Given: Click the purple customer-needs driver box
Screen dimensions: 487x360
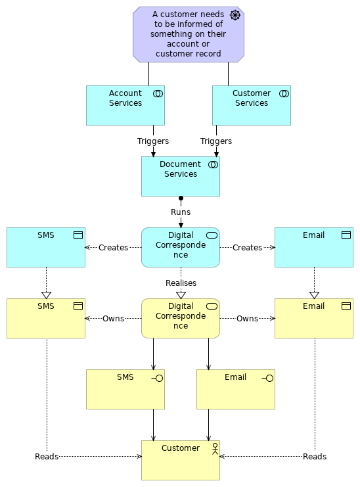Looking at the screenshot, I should pyautogui.click(x=188, y=34).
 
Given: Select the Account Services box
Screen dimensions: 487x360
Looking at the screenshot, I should pyautogui.click(x=125, y=105).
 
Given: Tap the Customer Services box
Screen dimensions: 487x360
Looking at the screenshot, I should pyautogui.click(x=251, y=105).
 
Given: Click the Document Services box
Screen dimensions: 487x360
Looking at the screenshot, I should pyautogui.click(x=180, y=176).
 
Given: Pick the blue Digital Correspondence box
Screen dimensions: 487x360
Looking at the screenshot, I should pyautogui.click(x=180, y=248).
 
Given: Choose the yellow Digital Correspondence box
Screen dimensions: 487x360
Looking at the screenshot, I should pyautogui.click(x=180, y=319).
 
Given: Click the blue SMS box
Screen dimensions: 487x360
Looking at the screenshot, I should pyautogui.click(x=46, y=248).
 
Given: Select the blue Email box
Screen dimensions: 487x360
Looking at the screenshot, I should pyautogui.click(x=313, y=248).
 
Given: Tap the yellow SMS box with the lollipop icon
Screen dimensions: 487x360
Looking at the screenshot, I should pyautogui.click(x=125, y=389).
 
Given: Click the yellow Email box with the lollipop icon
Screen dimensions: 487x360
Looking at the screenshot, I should pyautogui.click(x=235, y=389).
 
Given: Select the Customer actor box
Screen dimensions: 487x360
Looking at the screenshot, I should pyautogui.click(x=180, y=460).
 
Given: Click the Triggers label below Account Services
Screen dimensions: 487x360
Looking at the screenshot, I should pyautogui.click(x=153, y=141).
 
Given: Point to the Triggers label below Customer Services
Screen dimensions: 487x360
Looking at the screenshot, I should pyautogui.click(x=216, y=141).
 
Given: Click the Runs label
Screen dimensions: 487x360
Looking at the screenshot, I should pyautogui.click(x=181, y=212).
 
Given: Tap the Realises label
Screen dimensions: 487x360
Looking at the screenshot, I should pyautogui.click(x=181, y=283).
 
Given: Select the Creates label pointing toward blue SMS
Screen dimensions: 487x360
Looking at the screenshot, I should pyautogui.click(x=113, y=248).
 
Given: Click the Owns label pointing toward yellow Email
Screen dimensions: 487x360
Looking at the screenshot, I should pyautogui.click(x=247, y=319).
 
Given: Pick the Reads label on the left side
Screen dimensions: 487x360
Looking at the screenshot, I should pyautogui.click(x=47, y=456).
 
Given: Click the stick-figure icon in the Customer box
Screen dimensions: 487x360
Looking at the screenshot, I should pyautogui.click(x=213, y=449).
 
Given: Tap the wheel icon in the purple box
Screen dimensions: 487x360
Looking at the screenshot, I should pyautogui.click(x=235, y=15).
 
